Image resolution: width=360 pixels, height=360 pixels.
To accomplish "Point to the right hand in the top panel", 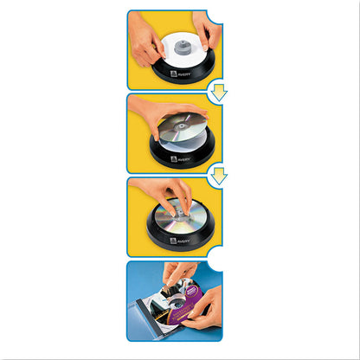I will click(209, 29).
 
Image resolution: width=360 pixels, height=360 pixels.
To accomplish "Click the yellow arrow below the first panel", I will click(219, 91).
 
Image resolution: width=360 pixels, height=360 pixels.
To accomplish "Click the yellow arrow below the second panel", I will click(219, 176).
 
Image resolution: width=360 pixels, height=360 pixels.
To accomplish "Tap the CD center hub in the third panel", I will click(176, 210).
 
